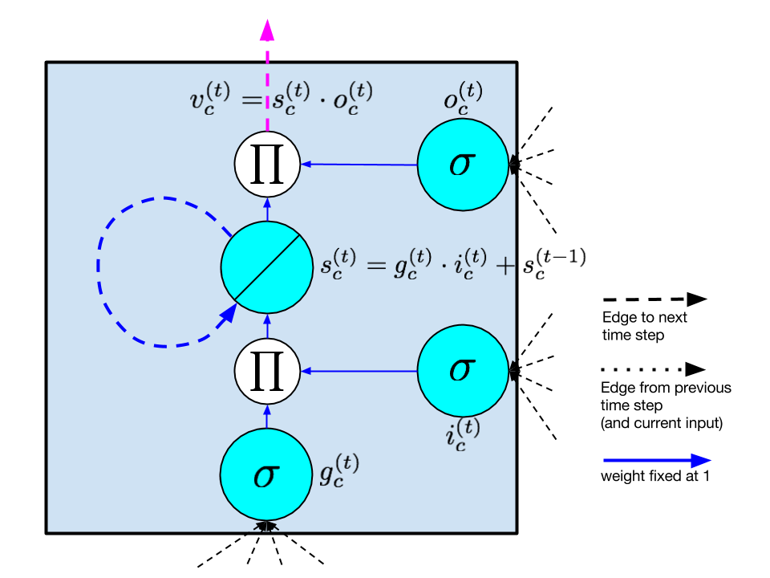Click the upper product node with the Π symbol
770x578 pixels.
[267, 164]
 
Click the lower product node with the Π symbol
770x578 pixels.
[267, 371]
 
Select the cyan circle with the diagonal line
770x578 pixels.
[267, 267]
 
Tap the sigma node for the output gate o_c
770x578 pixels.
[463, 165]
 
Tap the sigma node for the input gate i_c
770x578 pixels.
[463, 371]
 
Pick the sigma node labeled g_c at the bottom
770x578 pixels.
[265, 475]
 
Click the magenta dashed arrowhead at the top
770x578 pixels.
[267, 31]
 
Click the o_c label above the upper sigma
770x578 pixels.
[463, 96]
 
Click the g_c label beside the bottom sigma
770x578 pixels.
[338, 470]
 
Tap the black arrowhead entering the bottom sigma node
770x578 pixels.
[266, 527]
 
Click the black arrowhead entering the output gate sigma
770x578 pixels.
[513, 165]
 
